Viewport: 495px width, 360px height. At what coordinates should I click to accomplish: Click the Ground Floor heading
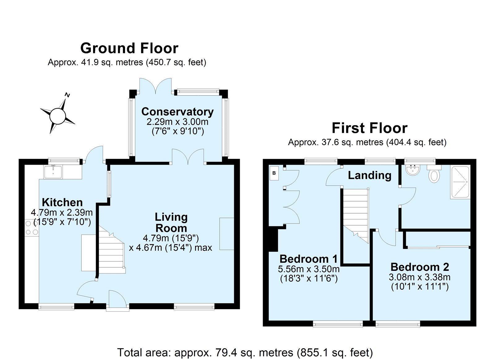click(x=129, y=48)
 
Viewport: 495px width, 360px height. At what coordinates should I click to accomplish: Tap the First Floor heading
click(x=369, y=128)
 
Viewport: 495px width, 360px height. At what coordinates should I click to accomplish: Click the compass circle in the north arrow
click(x=58, y=116)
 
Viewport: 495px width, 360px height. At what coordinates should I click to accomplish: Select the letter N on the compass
click(x=67, y=95)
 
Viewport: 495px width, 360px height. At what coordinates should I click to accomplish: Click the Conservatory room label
click(x=178, y=112)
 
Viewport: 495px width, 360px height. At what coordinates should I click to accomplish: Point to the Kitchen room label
click(x=62, y=202)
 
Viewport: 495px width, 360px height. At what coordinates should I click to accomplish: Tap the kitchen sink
click(x=53, y=172)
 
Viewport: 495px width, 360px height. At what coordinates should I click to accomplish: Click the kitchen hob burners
click(x=32, y=228)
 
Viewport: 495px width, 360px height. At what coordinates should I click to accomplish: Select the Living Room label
click(x=171, y=223)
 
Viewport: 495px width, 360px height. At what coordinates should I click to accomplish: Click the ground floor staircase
click(x=111, y=250)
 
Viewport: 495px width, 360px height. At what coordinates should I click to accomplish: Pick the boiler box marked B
click(x=274, y=173)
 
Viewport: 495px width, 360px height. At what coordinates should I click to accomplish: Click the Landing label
click(x=369, y=175)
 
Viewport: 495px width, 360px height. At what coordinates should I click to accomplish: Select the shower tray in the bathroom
click(x=460, y=182)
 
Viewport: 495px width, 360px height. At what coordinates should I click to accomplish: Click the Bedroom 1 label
click(x=309, y=259)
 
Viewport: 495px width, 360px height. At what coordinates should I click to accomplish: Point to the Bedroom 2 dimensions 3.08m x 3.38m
click(x=420, y=277)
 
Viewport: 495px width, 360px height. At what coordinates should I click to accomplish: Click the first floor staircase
click(x=355, y=216)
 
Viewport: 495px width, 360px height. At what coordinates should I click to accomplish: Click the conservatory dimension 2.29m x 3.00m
click(x=178, y=122)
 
